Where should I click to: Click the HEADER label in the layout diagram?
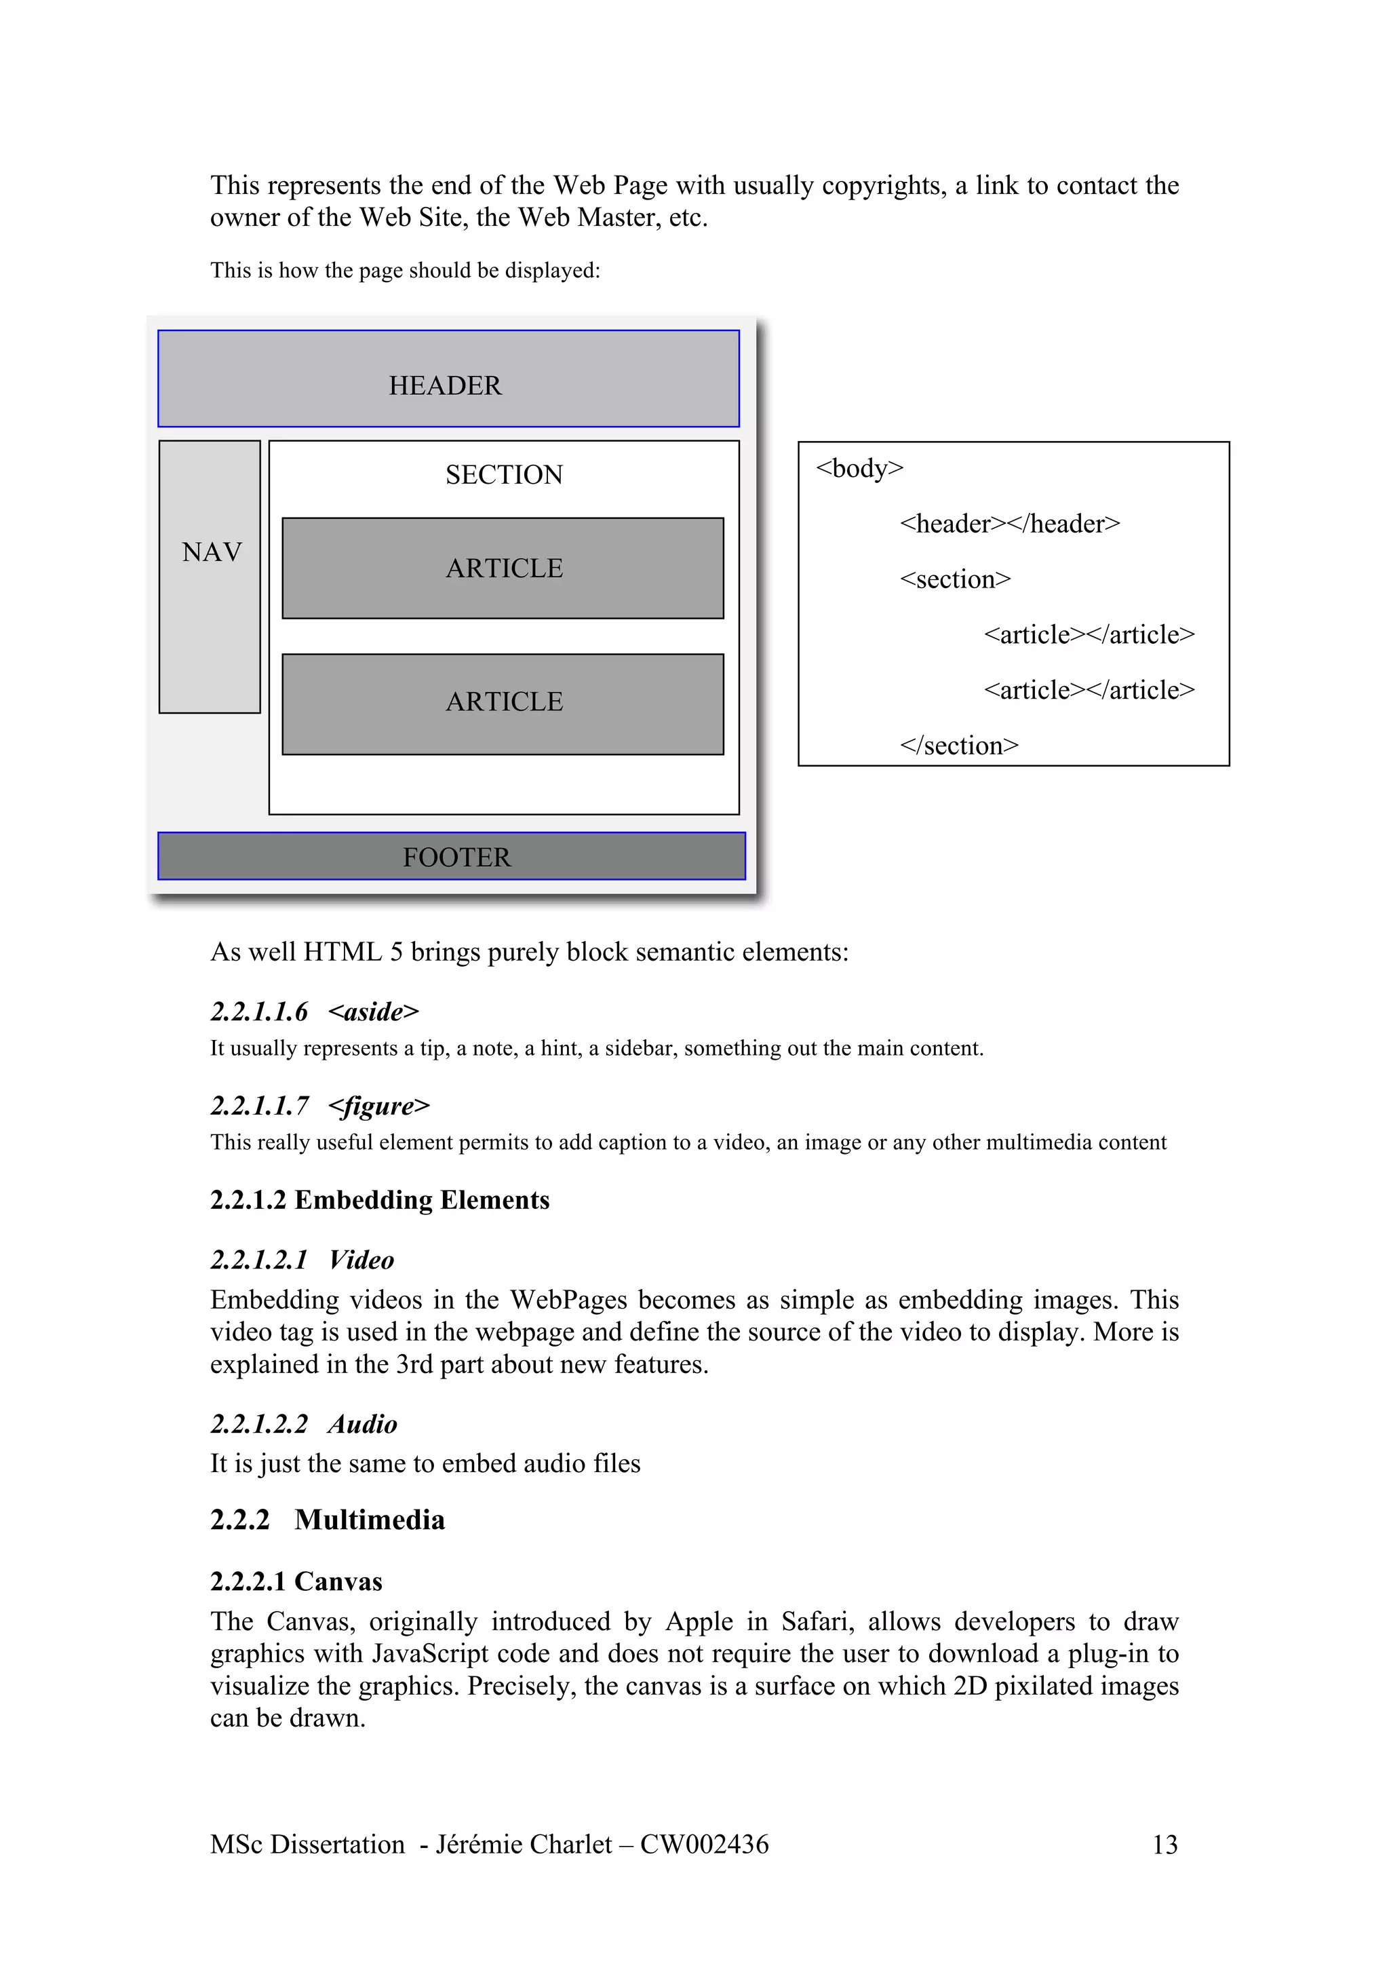pos(445,385)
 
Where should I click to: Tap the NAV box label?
pos(212,552)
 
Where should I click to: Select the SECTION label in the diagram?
pos(504,474)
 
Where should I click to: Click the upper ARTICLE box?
pos(503,568)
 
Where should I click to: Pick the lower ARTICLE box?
pos(503,702)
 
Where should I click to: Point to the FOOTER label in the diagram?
pos(456,857)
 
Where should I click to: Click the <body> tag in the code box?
pos(859,468)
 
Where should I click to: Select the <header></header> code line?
pos(1010,523)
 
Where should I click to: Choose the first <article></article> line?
pos(1089,634)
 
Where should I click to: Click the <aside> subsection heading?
pos(373,1011)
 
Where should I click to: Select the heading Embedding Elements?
pos(421,1199)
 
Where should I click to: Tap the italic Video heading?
pos(361,1260)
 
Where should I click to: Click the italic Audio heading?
pos(362,1424)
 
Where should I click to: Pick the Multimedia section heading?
pos(370,1520)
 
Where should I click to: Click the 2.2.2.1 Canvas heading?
pos(296,1581)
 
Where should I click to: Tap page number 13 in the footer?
pos(1165,1844)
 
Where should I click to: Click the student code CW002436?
pos(705,1844)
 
